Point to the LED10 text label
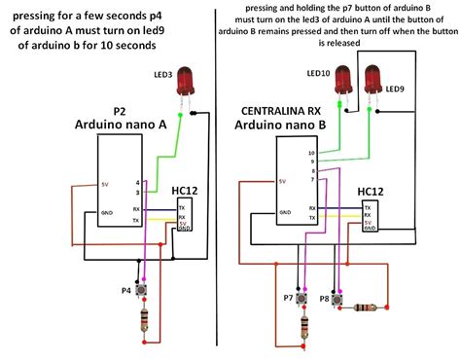click(317, 74)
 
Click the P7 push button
click(304, 299)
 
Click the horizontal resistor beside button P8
click(365, 307)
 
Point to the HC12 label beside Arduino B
click(370, 192)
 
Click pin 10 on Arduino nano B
click(311, 153)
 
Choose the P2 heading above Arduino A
click(121, 111)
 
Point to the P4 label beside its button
click(125, 290)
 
